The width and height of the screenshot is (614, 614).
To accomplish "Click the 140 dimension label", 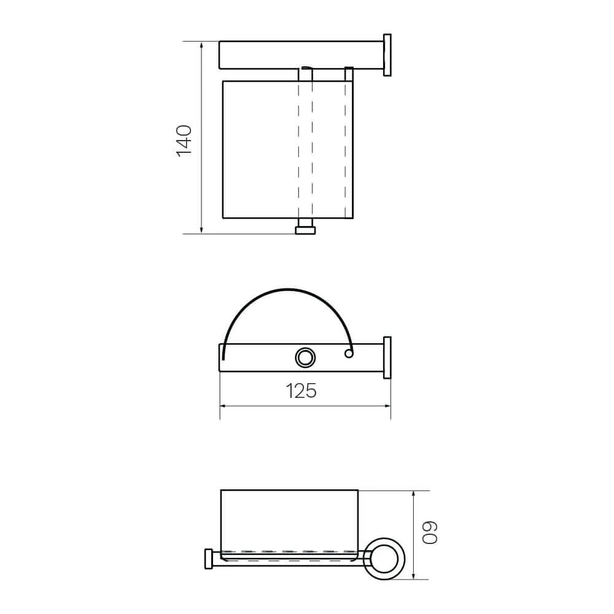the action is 184,141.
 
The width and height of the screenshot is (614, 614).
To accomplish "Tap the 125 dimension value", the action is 301,391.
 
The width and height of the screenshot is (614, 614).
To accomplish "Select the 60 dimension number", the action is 430,532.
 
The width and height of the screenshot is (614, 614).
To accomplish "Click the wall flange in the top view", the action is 387,55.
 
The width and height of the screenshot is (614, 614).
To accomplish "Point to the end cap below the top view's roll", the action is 305,230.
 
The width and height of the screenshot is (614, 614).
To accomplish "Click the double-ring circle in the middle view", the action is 305,357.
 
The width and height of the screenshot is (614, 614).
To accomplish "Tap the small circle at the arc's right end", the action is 349,354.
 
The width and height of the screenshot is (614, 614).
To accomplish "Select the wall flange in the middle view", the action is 387,357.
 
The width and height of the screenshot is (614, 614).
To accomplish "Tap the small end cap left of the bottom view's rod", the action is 209,559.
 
